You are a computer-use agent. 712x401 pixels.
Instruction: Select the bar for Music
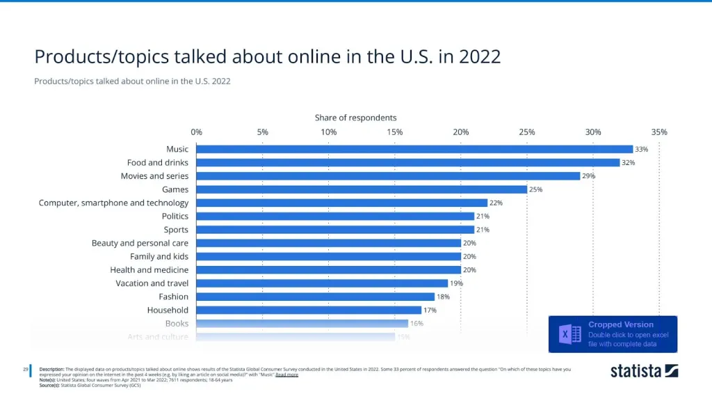[x=414, y=149]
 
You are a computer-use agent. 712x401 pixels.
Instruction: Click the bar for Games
[x=362, y=189]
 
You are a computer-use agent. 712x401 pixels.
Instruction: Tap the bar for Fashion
[x=316, y=297]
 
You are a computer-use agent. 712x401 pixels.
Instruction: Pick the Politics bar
[x=335, y=216]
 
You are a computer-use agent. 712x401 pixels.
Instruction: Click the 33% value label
[x=641, y=149]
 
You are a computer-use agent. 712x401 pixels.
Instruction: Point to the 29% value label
[x=589, y=176]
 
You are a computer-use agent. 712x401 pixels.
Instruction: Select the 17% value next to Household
[x=430, y=310]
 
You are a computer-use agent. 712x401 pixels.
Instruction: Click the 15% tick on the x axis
[x=395, y=132]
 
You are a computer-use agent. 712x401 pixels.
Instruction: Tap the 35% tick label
[x=659, y=132]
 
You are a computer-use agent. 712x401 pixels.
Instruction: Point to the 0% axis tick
[x=196, y=132]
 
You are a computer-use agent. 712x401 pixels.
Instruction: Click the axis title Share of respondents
[x=355, y=118]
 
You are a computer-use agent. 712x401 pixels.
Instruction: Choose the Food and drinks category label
[x=158, y=163]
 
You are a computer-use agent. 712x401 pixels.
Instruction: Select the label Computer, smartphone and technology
[x=113, y=203]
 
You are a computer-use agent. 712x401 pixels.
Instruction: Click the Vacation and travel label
[x=152, y=283]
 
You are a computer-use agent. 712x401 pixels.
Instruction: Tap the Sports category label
[x=176, y=230]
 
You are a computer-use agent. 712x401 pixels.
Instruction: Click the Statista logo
[x=644, y=370]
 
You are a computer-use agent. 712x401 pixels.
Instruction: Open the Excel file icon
[x=570, y=334]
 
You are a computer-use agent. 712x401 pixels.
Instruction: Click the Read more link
[x=286, y=375]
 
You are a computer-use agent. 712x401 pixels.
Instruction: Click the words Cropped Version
[x=621, y=324]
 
